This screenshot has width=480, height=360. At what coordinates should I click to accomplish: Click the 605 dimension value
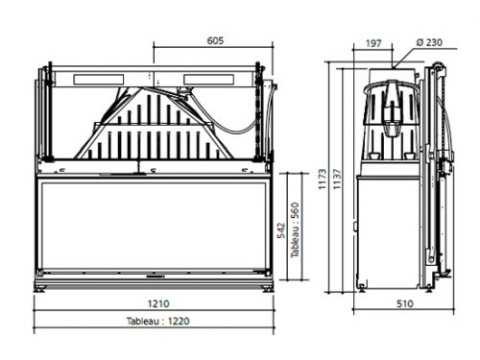[x=215, y=40]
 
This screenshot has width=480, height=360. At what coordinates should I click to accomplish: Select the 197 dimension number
[x=373, y=43]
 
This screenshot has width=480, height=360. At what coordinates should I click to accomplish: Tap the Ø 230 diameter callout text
[x=429, y=42]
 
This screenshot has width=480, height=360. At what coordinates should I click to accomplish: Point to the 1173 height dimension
[x=323, y=180]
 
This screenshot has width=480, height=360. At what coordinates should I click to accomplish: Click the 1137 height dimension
[x=337, y=180]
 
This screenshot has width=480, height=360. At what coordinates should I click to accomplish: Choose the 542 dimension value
[x=281, y=230]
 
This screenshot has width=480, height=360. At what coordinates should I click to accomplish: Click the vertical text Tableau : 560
[x=295, y=229]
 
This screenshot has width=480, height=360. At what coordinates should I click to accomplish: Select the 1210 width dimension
[x=158, y=303]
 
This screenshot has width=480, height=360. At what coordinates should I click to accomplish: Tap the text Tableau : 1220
[x=158, y=321]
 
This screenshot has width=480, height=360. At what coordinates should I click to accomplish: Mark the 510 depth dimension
[x=405, y=303]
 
